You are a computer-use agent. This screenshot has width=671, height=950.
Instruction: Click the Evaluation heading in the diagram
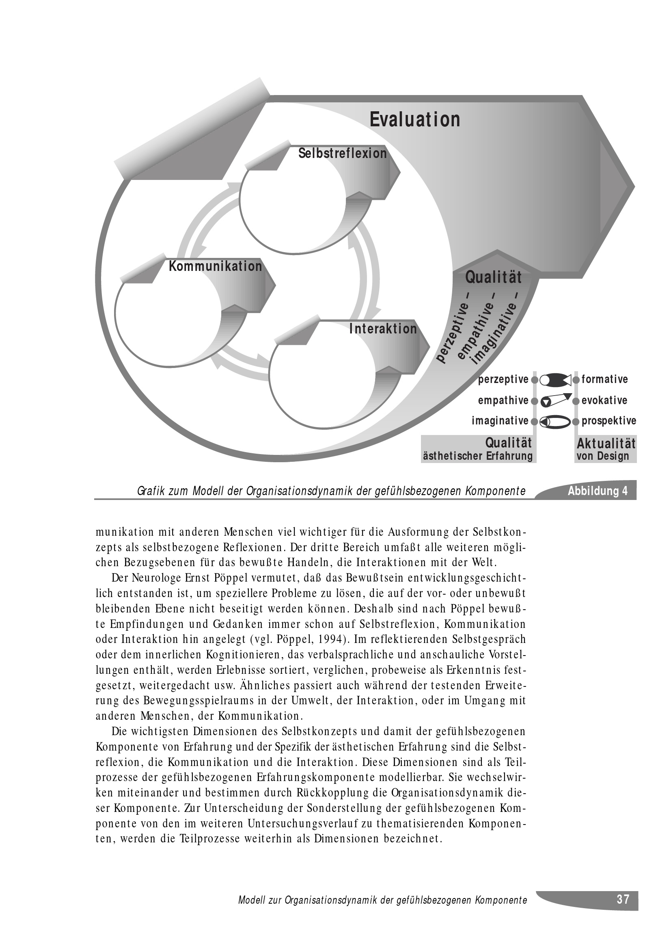point(415,119)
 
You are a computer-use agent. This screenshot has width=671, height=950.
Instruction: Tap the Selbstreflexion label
point(342,154)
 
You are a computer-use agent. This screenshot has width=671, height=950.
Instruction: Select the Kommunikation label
point(216,266)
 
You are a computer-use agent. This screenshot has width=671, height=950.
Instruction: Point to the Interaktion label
point(383,329)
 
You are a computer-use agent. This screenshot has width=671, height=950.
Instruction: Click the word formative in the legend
point(604,379)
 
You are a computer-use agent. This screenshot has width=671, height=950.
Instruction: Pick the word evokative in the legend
point(604,400)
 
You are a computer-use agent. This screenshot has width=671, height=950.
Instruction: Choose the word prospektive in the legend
point(608,421)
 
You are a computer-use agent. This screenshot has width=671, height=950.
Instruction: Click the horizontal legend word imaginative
point(500,421)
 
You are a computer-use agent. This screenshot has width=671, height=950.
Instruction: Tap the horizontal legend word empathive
point(503,400)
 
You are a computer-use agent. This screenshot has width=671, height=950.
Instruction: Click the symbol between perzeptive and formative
point(555,379)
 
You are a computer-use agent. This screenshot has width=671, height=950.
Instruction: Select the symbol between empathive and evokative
point(555,400)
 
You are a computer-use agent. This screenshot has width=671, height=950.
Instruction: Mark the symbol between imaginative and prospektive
point(555,421)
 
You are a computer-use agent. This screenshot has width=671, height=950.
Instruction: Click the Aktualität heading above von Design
point(606,444)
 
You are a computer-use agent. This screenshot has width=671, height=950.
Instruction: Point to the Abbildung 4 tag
point(598,491)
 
